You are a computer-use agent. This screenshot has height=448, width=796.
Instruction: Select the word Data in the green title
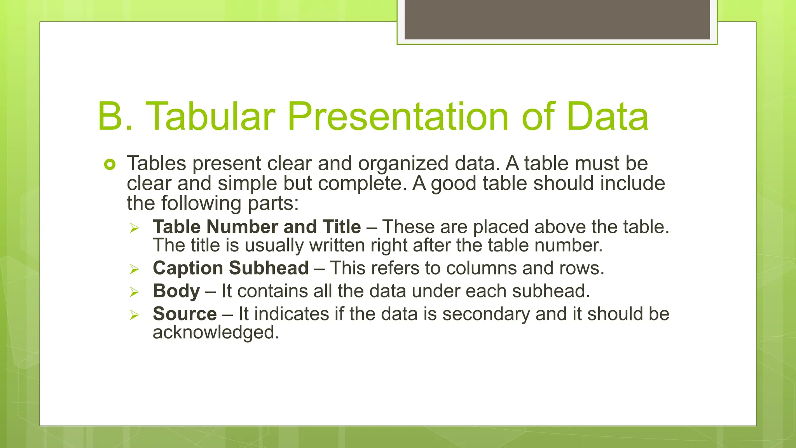[607, 116]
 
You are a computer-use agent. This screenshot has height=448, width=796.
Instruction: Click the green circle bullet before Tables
[110, 165]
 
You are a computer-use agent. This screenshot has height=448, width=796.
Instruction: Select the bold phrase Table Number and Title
[257, 227]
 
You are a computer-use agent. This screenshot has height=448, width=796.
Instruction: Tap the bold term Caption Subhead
[231, 268]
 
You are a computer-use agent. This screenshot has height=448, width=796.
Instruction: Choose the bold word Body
[176, 291]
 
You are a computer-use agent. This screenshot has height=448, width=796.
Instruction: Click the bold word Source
[185, 314]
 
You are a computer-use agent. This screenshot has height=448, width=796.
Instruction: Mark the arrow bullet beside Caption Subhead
[134, 269]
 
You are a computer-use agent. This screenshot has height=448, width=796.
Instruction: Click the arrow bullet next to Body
[134, 292]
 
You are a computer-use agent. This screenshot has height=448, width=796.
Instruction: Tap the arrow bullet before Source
[134, 315]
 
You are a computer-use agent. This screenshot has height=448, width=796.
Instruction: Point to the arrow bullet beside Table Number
[134, 227]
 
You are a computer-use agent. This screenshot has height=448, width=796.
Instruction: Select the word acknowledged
[216, 332]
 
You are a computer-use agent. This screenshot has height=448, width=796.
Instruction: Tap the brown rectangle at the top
[557, 19]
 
